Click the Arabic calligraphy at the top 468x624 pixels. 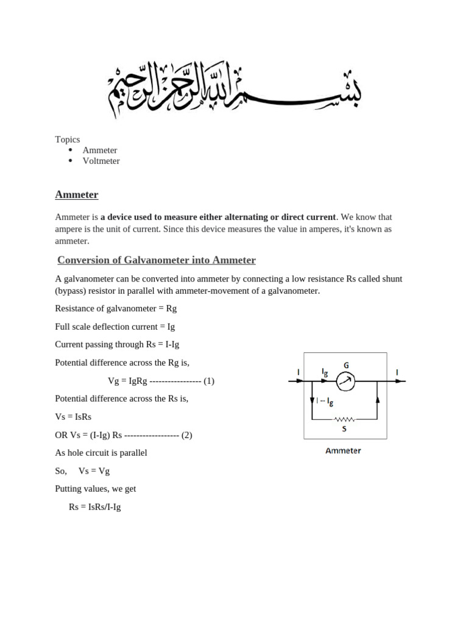[x=234, y=89]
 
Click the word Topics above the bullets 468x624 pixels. [x=68, y=140]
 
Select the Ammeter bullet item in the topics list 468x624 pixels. [x=100, y=151]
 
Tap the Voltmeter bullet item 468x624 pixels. [x=101, y=161]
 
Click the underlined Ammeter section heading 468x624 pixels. [x=77, y=195]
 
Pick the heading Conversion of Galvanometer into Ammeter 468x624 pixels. [x=157, y=261]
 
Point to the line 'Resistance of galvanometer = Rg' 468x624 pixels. [x=116, y=309]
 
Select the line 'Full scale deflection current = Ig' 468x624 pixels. [x=115, y=327]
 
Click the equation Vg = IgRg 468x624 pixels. [x=128, y=381]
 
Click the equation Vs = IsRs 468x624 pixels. [x=73, y=417]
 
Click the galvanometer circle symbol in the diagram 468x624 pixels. [x=346, y=381]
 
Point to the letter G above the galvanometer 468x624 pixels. [x=346, y=366]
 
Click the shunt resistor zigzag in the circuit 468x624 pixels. [x=345, y=419]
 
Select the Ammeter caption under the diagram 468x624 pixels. [x=343, y=451]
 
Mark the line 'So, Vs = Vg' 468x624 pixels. [x=82, y=471]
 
